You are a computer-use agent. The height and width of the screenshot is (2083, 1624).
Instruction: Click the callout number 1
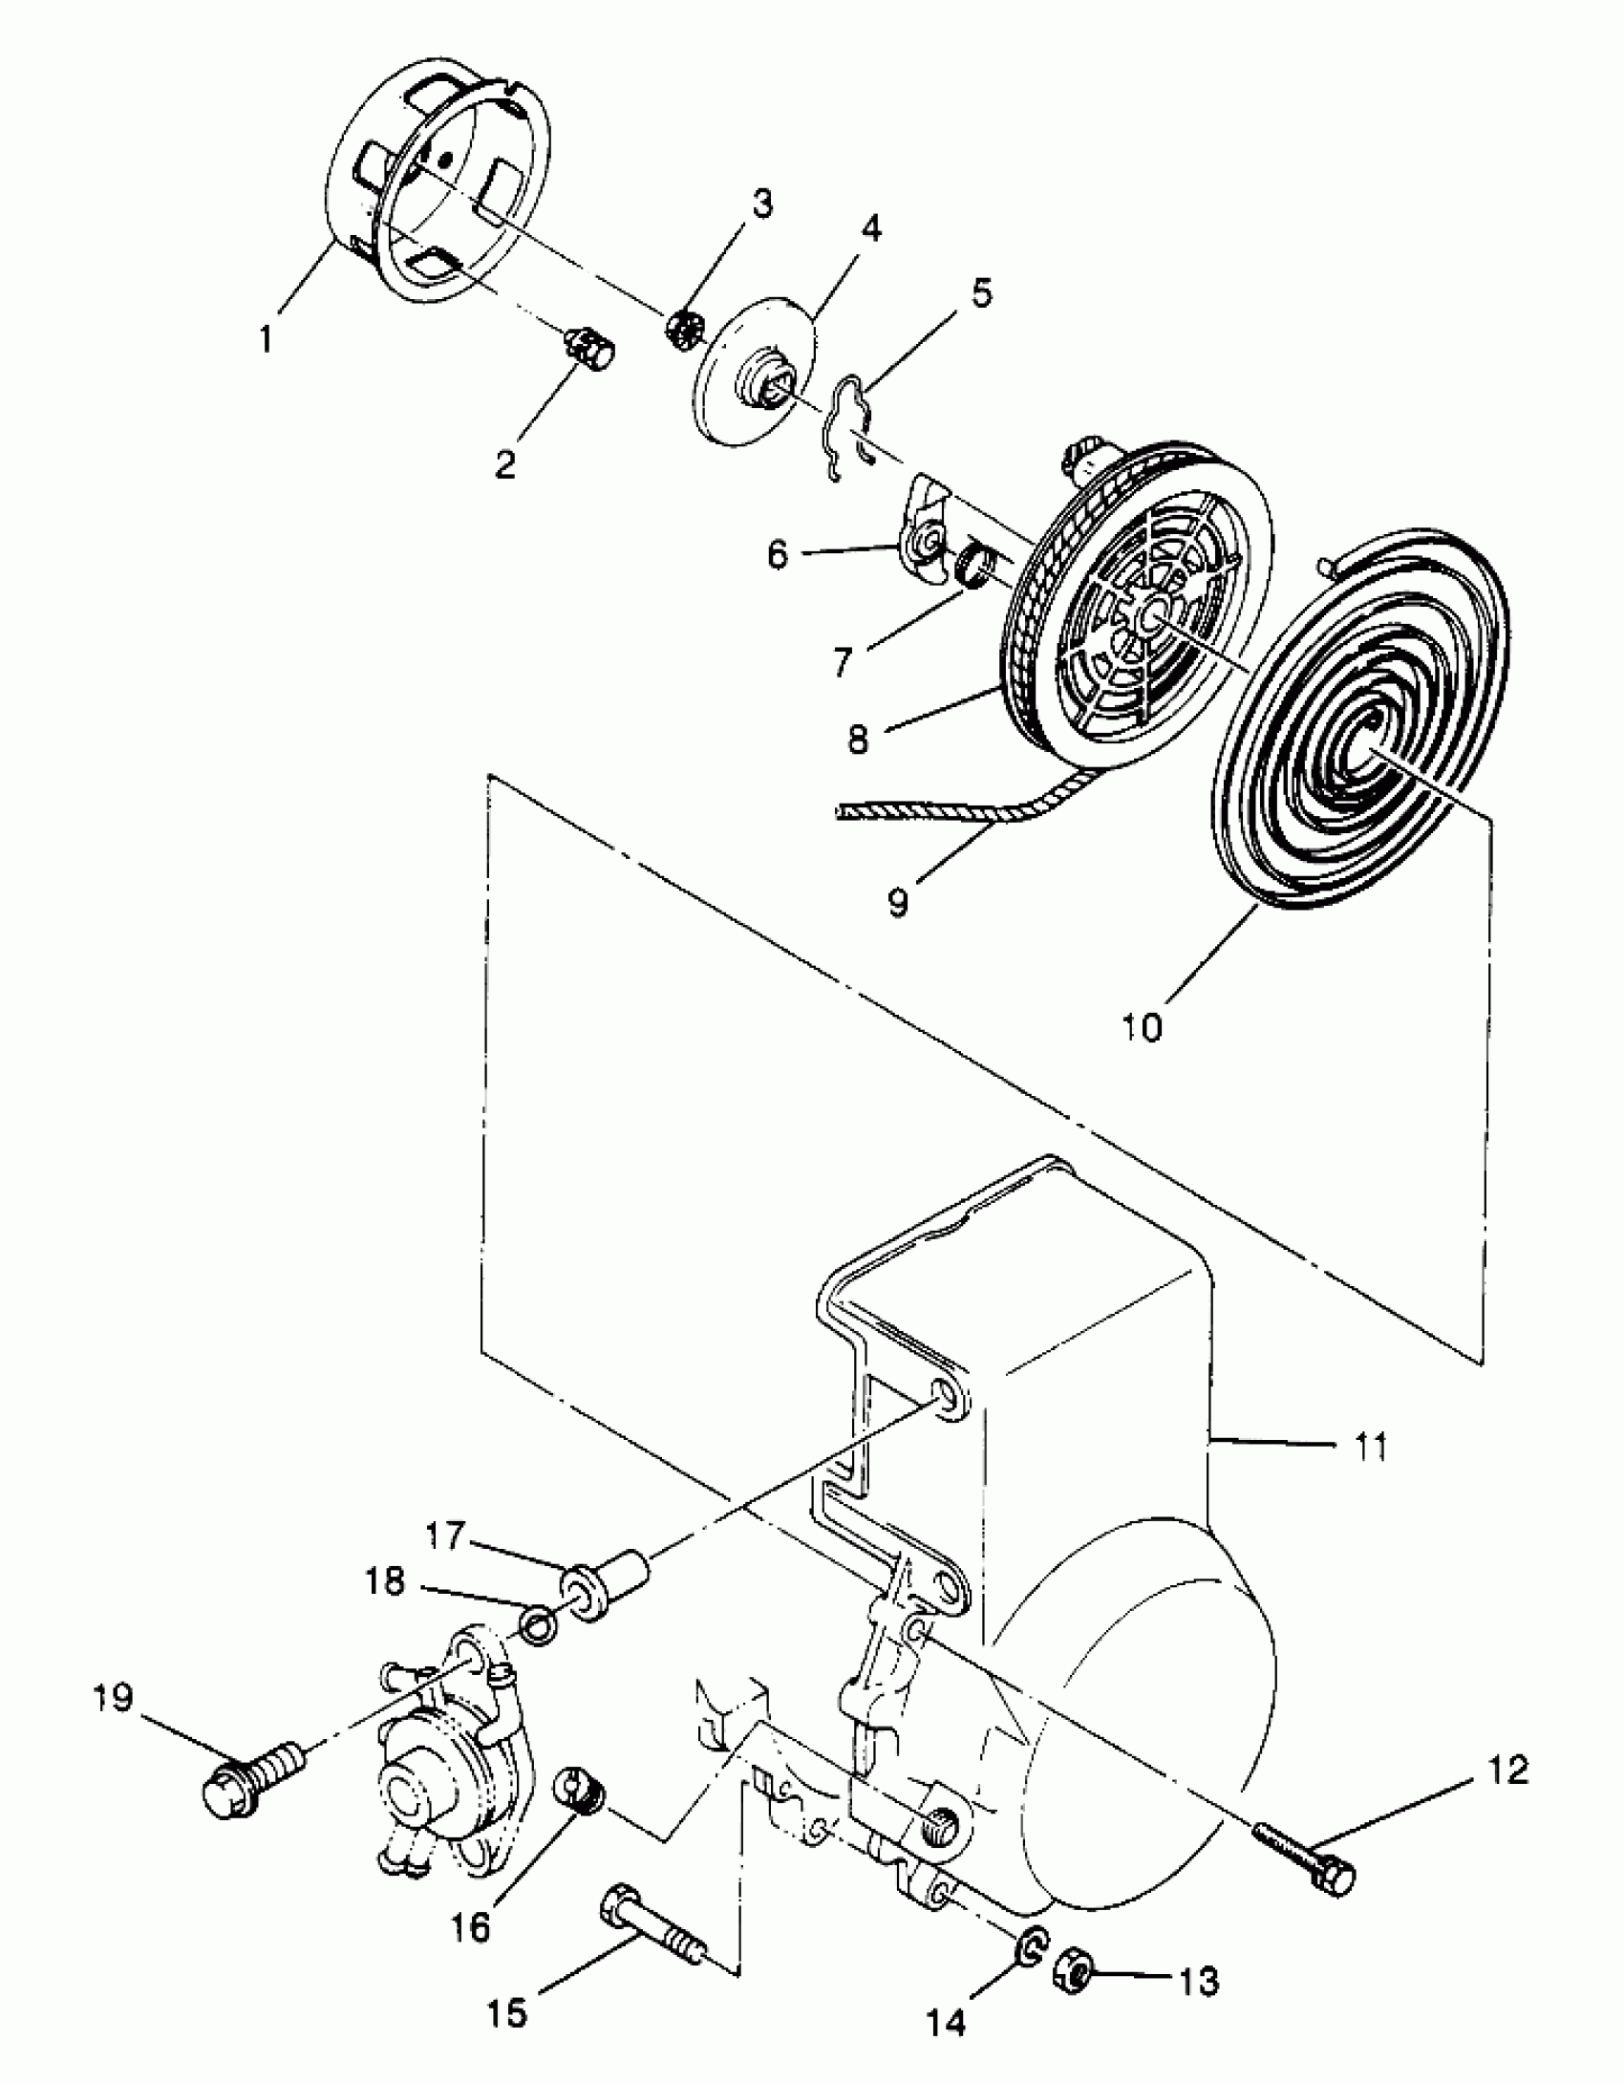click(267, 338)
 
